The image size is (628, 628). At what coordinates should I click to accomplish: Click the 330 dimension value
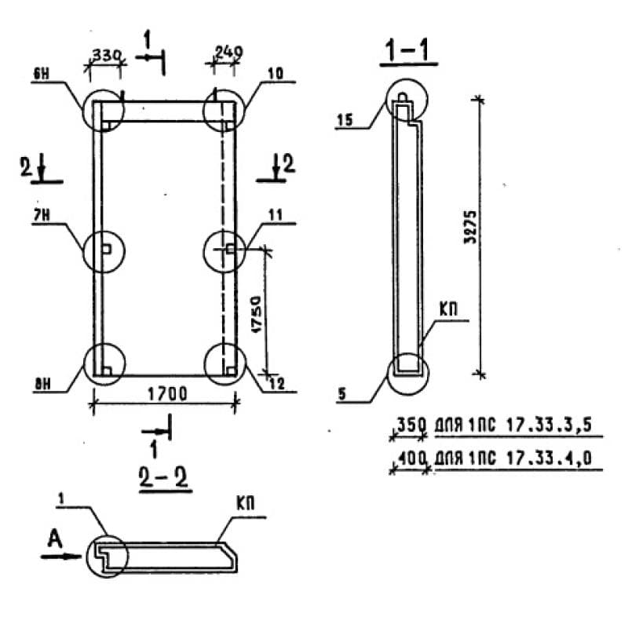tap(106, 55)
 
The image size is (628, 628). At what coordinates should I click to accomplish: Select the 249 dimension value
tap(228, 52)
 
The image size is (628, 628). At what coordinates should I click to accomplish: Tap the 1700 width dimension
tap(167, 394)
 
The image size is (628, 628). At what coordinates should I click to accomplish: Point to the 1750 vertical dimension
tap(256, 315)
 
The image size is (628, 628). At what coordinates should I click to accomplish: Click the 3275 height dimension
tap(470, 227)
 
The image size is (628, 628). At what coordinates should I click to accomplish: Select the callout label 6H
tap(41, 74)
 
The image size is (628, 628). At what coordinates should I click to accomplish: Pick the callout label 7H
tap(42, 215)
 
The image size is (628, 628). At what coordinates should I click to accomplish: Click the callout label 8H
tap(42, 385)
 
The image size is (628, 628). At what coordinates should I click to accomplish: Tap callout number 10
tap(276, 74)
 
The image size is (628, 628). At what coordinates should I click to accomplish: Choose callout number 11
tap(276, 215)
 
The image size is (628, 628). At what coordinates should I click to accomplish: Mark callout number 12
tap(277, 384)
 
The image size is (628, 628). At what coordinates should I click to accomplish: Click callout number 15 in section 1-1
tap(345, 120)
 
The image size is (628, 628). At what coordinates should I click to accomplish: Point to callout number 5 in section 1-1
tap(341, 394)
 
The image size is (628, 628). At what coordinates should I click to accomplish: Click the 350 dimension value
tap(410, 425)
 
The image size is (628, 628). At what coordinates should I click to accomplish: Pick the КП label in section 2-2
tap(245, 503)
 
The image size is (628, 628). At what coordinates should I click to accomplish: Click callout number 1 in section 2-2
tap(61, 498)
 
